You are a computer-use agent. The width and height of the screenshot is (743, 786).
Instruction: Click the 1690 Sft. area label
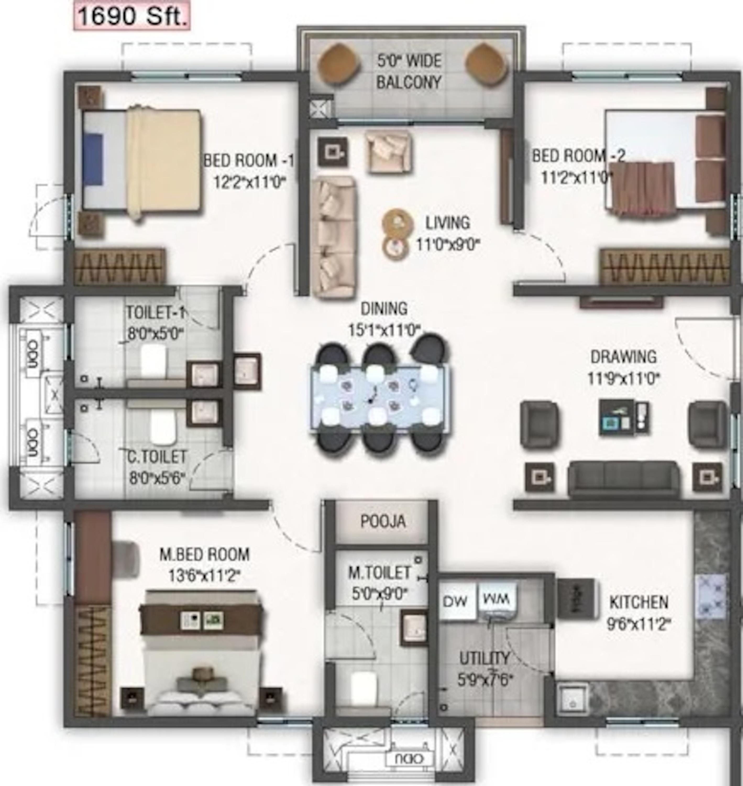click(132, 17)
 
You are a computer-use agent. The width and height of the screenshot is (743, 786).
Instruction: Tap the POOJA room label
click(383, 521)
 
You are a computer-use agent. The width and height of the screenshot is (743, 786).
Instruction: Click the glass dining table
click(380, 397)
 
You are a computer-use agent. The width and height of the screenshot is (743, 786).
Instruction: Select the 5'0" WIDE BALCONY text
click(409, 71)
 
